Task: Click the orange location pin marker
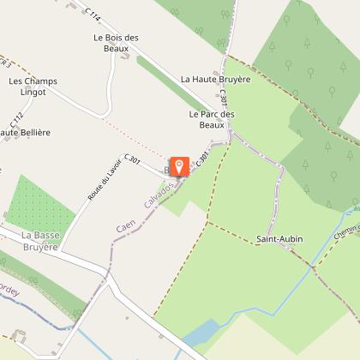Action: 180,167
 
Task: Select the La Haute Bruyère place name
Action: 215,78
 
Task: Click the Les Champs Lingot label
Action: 33,87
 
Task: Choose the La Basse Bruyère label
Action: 39,240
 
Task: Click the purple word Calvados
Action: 161,194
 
